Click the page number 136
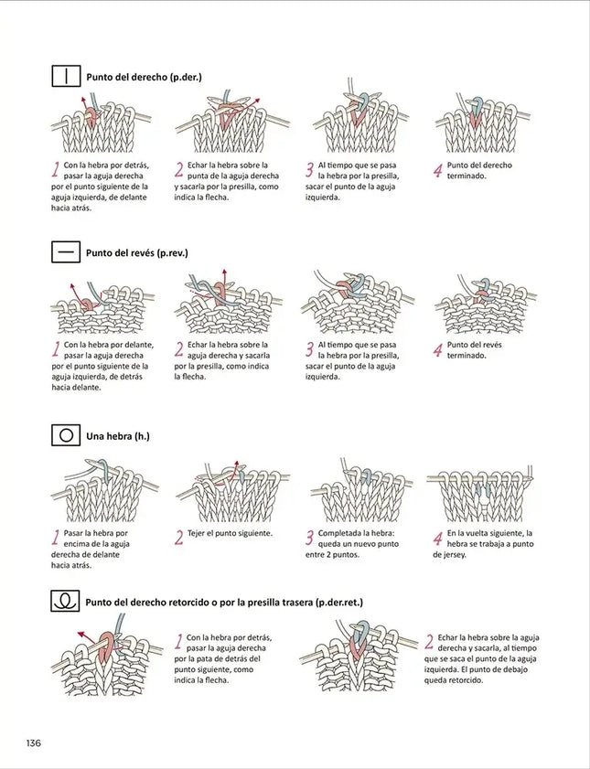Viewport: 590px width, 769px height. pos(34,742)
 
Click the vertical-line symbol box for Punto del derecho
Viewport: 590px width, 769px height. pos(66,77)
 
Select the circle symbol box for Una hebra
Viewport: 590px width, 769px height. pos(66,435)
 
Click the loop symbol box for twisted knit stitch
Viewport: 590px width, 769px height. pos(66,602)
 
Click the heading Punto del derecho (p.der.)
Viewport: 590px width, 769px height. pos(156,78)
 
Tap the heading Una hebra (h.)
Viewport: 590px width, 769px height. pos(117,436)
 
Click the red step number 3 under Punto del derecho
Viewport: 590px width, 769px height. pos(310,169)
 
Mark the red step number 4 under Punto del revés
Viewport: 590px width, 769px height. pos(437,350)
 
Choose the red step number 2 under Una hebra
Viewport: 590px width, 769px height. pos(179,538)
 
